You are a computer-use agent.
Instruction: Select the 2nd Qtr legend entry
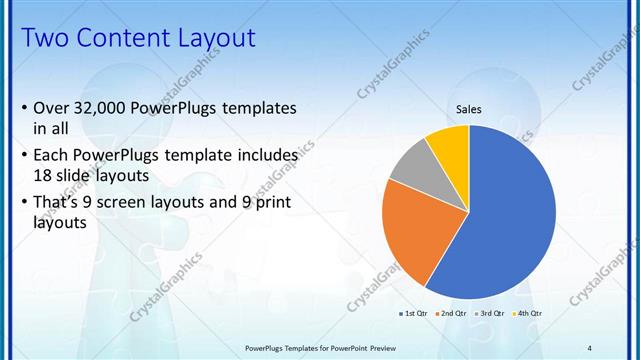(452, 313)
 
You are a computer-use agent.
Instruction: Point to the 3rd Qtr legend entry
(490, 313)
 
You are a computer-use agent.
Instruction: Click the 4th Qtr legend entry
(527, 313)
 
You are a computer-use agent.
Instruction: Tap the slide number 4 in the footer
(590, 347)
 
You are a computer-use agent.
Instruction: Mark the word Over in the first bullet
(51, 107)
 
